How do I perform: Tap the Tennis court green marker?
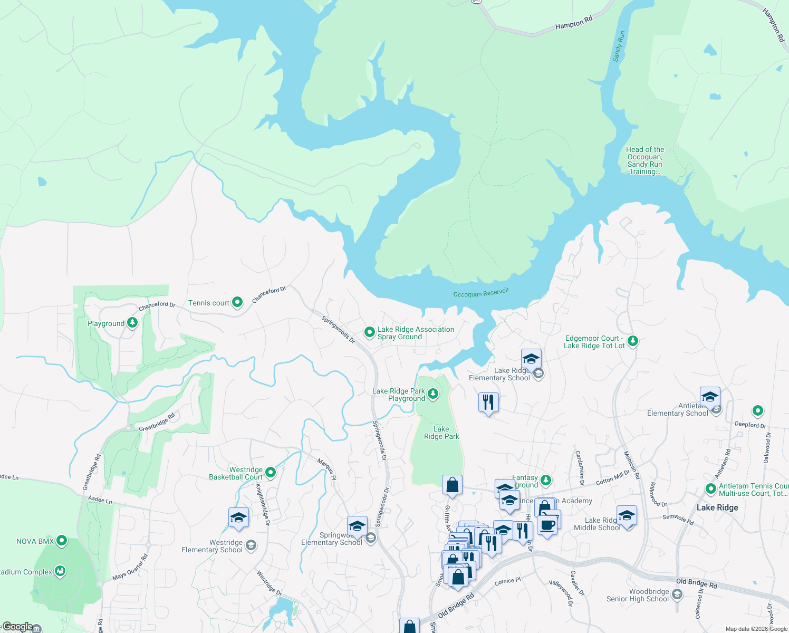[x=237, y=302]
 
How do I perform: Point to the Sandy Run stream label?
[x=619, y=46]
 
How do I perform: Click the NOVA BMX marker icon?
[x=62, y=541]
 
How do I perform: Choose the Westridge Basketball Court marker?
[x=271, y=473]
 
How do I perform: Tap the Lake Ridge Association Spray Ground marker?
[x=370, y=332]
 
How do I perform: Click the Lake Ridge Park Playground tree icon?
[x=433, y=394]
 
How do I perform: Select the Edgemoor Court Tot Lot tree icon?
[x=633, y=341]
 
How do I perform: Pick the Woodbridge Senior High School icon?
[x=677, y=595]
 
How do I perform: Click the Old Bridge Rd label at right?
[x=696, y=583]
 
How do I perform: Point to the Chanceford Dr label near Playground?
[x=157, y=305]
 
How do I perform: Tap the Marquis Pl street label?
[x=326, y=469]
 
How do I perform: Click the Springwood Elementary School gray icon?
[x=371, y=538]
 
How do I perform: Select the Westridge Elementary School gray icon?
[x=251, y=545]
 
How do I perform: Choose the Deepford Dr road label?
[x=750, y=425]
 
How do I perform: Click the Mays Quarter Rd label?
[x=130, y=567]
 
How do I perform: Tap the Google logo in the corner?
[x=17, y=627]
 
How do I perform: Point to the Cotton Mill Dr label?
[x=613, y=477]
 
